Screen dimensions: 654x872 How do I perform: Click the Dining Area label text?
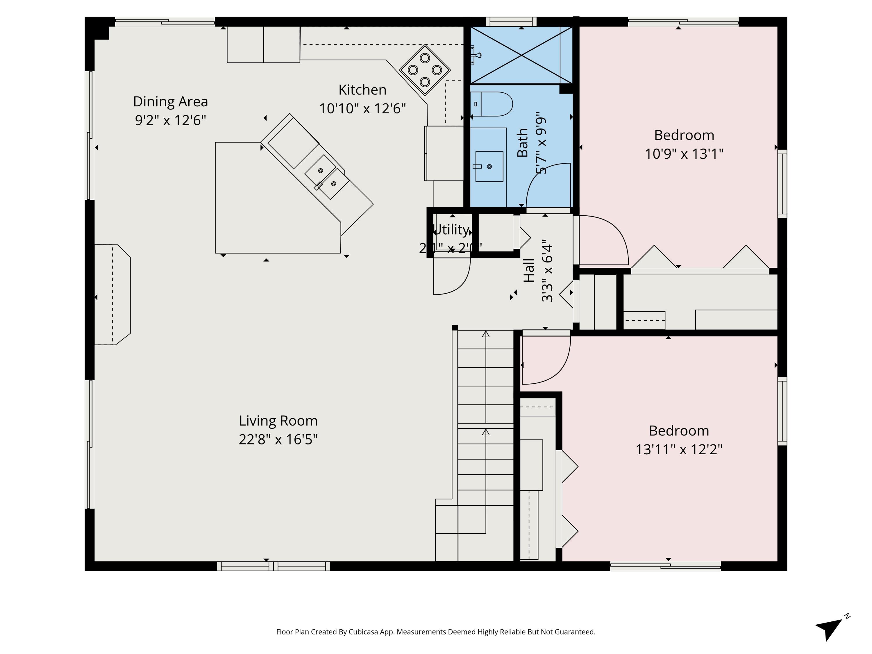coord(170,102)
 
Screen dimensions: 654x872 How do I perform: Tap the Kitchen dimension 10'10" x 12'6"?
coord(362,108)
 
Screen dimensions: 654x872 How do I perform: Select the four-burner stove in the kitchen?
coord(425,70)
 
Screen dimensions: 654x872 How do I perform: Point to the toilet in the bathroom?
coord(492,104)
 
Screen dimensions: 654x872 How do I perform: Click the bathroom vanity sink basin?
coord(489,166)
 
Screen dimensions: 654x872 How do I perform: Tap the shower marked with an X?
coord(521,55)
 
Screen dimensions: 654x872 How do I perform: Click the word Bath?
coord(522,143)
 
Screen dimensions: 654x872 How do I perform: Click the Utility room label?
coord(451,229)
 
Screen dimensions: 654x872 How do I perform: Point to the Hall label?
coord(529,270)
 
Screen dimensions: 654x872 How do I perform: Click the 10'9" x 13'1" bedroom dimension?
coord(684,154)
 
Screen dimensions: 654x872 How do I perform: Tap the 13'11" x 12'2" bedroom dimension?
coord(679,449)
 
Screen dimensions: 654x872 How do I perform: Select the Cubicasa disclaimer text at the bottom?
coord(436,632)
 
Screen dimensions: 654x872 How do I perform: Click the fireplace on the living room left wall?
coord(112,294)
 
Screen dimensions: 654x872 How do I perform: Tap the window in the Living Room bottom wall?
coord(273,567)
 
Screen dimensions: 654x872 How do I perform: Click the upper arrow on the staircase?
coord(486,334)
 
